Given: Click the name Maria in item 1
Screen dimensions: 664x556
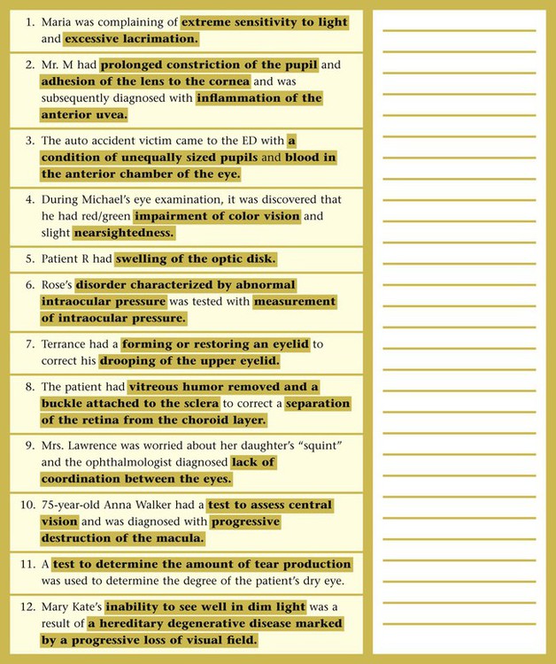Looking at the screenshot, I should [x=58, y=22].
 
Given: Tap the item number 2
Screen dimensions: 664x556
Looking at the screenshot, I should [x=29, y=66].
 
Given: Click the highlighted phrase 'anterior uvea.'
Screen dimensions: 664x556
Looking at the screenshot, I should [x=84, y=115].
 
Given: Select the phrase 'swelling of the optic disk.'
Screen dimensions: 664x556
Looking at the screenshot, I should [x=196, y=259].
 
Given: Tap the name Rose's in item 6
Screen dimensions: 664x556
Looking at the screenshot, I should [x=56, y=285].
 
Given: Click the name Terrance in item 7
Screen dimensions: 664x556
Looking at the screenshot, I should [x=66, y=344].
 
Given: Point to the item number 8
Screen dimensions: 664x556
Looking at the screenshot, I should [x=29, y=387].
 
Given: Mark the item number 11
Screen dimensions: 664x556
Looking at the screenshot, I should [x=28, y=565].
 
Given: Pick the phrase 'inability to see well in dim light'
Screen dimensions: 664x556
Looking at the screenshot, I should [x=206, y=607].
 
